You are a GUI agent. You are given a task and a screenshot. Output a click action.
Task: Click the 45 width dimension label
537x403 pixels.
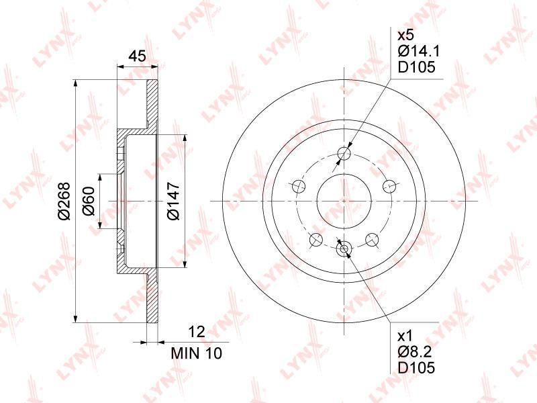pos(138,55)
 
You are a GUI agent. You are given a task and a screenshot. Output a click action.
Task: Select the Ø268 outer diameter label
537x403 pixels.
pos(64,201)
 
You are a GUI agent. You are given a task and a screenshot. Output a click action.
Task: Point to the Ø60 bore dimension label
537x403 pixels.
pos(89,201)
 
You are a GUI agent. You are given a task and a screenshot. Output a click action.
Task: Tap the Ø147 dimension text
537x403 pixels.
pos(173,201)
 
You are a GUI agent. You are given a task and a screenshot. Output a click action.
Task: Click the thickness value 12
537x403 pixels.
pos(197,332)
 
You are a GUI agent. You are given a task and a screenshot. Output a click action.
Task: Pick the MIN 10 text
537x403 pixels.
pos(197,353)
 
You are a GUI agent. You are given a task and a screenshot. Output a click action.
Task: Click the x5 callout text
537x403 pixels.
pos(406,36)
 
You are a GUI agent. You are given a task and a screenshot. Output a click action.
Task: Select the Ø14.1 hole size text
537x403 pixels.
pos(419,51)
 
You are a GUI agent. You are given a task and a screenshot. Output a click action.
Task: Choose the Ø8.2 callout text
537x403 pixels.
pos(415,351)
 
